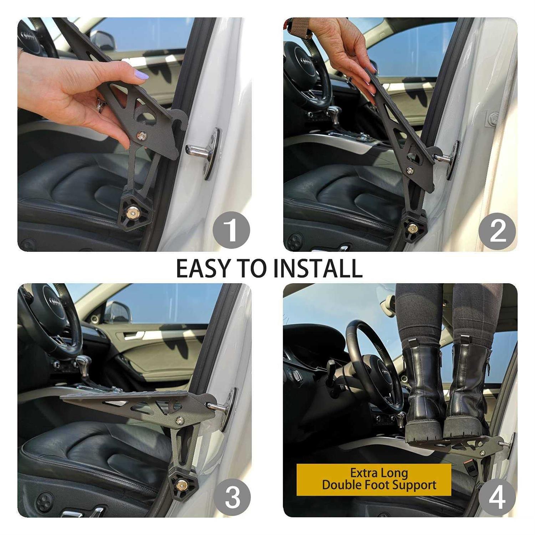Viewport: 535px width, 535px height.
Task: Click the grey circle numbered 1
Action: point(231,230)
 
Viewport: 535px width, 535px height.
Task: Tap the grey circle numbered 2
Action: point(498,230)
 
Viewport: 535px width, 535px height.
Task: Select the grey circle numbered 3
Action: point(232,496)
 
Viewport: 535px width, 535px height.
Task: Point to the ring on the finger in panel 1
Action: point(101,106)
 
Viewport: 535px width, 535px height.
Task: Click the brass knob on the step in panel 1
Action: point(133,213)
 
